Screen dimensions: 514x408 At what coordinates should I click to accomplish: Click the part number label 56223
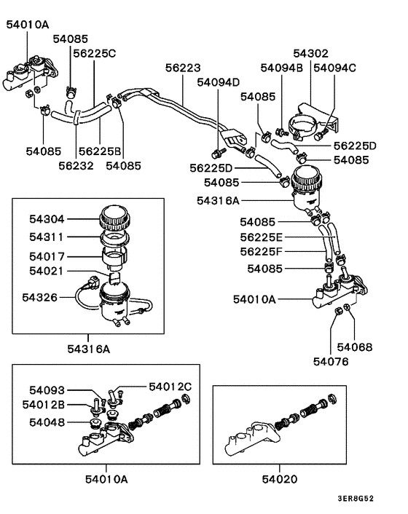pos(182,68)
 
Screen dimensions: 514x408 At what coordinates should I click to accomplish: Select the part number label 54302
pos(311,53)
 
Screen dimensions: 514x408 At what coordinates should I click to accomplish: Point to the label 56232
pos(76,165)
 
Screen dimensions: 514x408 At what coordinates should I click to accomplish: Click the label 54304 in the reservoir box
pos(47,217)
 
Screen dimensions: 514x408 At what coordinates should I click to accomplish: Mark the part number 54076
pos(331,360)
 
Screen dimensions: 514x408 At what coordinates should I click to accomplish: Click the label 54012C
pos(170,386)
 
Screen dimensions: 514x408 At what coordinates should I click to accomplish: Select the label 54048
pos(47,422)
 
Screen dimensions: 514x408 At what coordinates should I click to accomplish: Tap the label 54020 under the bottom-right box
pos(282,478)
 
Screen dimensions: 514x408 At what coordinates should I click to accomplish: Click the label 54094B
pos(281,68)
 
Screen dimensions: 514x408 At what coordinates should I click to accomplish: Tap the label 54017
pos(47,256)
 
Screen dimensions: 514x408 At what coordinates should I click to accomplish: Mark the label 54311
pos(47,237)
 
